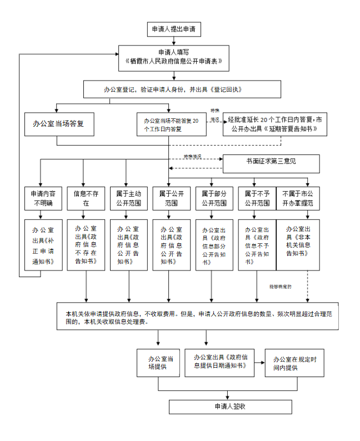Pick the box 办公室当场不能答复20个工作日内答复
click(172, 124)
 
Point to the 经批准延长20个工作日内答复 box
click(274, 124)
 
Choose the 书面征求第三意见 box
click(271, 163)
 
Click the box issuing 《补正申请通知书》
click(43, 245)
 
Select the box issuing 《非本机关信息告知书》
click(298, 245)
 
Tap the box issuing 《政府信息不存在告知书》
click(86, 245)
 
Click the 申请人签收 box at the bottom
click(230, 407)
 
